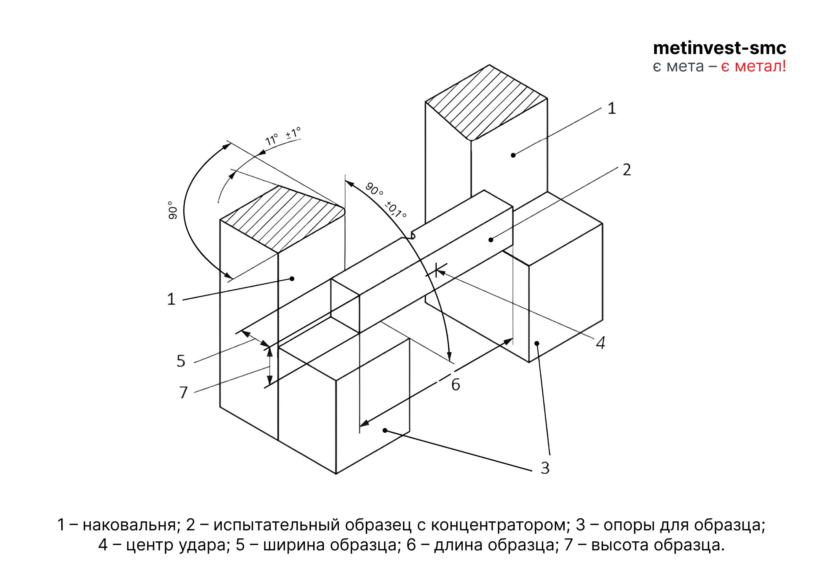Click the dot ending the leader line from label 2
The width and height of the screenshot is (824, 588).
(x=491, y=240)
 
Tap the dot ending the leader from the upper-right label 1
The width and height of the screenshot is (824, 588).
(x=513, y=155)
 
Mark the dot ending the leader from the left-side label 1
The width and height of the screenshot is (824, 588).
(x=292, y=279)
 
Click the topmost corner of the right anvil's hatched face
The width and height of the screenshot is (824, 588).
(x=489, y=65)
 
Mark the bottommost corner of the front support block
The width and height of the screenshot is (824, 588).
(x=336, y=474)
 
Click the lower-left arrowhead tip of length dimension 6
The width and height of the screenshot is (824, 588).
(x=360, y=426)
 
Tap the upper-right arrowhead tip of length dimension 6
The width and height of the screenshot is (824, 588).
(x=513, y=338)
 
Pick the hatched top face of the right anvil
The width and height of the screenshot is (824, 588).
(x=487, y=102)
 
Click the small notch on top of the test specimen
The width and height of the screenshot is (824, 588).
(x=412, y=235)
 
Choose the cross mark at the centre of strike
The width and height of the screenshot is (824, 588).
(x=436, y=270)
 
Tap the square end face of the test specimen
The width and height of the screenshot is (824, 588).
(x=345, y=306)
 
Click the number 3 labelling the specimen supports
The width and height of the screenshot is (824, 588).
(x=545, y=468)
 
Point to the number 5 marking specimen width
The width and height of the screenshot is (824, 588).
(x=181, y=361)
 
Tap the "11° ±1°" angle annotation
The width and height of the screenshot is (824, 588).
(x=283, y=136)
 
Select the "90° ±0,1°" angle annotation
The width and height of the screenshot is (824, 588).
(x=386, y=200)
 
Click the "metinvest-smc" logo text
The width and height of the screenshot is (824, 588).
(x=720, y=48)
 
